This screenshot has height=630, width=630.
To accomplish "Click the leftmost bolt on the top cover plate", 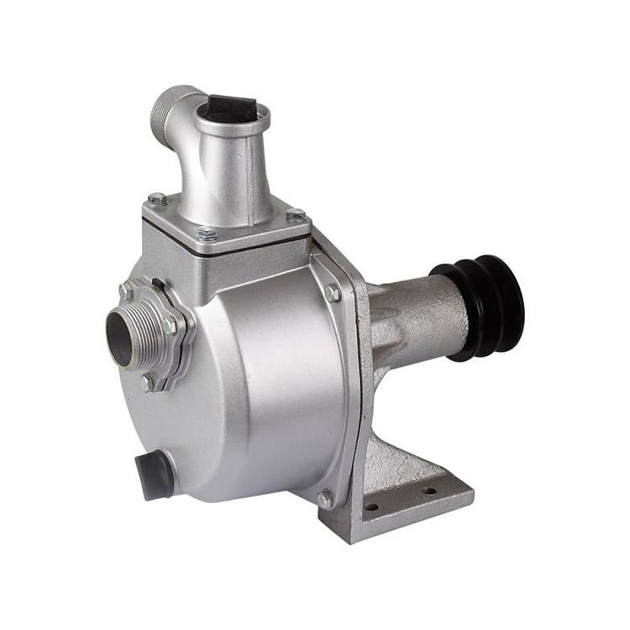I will tap(156, 200).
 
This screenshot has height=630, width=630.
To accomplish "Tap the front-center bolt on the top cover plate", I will tap(207, 234).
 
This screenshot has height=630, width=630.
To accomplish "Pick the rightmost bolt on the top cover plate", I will tap(296, 215).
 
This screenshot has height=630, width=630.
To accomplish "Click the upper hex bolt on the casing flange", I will tap(333, 293).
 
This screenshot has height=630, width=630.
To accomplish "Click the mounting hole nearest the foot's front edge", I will tap(372, 507).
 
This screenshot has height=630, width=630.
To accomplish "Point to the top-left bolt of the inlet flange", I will tap(126, 291).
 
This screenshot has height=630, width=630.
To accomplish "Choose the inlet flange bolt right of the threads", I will tap(171, 325).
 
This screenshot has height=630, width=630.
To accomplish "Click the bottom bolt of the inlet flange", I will tap(149, 382).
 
